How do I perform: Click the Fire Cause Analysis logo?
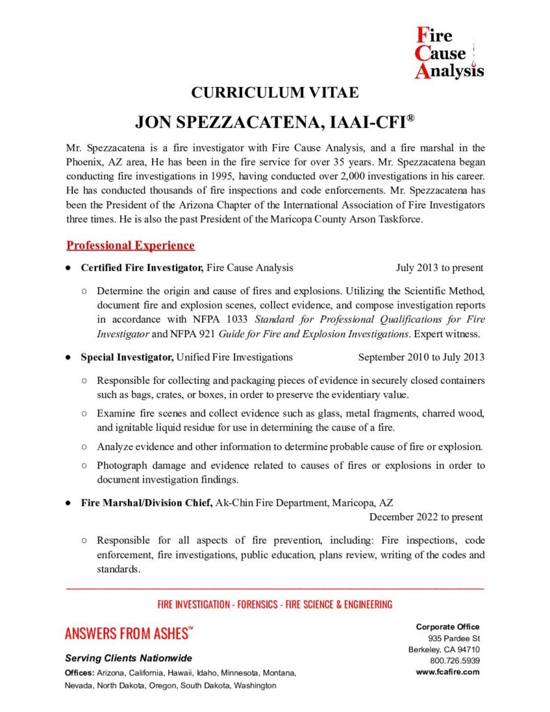coord(448,53)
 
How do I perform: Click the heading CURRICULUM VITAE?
coord(275,92)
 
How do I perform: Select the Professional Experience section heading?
coord(130,245)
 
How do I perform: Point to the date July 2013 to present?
coord(439,268)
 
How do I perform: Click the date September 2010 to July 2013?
coord(421,357)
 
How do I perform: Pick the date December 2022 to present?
coord(426,517)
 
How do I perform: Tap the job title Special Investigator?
coord(127,357)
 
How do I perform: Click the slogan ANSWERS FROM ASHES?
coord(127,633)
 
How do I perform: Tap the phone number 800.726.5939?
coord(455,661)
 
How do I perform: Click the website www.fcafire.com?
coord(448,672)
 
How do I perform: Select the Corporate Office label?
coord(448,627)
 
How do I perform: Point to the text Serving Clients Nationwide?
coord(129,658)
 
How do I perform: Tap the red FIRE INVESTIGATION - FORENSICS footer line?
coord(275,604)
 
